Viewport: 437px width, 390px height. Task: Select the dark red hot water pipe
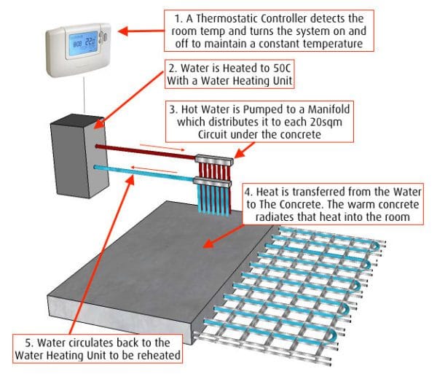pos(146,150)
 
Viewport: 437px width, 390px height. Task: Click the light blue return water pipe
pos(146,172)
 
